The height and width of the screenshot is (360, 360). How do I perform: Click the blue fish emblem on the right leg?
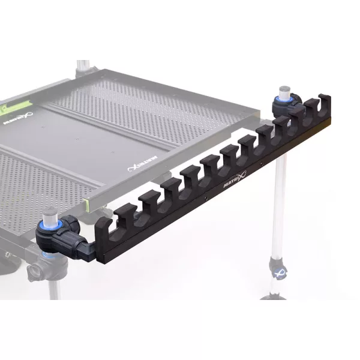(x=278, y=270)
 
